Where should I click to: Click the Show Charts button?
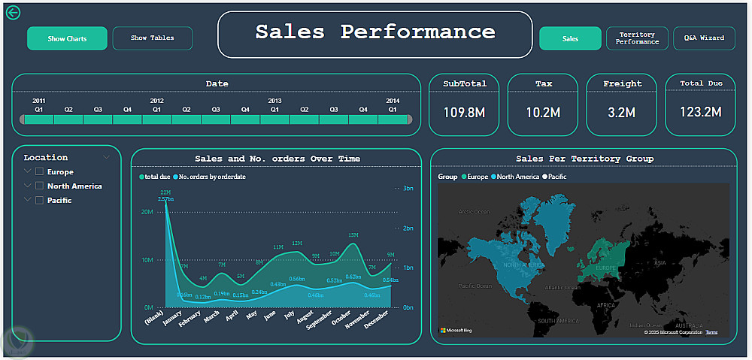[67, 38]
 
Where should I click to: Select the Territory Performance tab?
[637, 38]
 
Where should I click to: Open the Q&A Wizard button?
[704, 38]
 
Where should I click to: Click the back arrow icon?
[12, 13]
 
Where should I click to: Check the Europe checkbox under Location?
[40, 172]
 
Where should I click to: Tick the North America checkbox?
[40, 186]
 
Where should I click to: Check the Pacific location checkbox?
[40, 201]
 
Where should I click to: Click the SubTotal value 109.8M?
[465, 112]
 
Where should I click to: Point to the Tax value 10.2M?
[543, 112]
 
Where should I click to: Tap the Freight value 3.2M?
[622, 112]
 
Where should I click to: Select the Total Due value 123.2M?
[701, 112]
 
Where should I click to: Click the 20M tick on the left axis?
[147, 213]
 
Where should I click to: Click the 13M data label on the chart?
[353, 235]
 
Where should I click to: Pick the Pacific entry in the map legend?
[556, 177]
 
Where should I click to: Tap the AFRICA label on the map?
[605, 306]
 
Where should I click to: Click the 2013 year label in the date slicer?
[274, 101]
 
